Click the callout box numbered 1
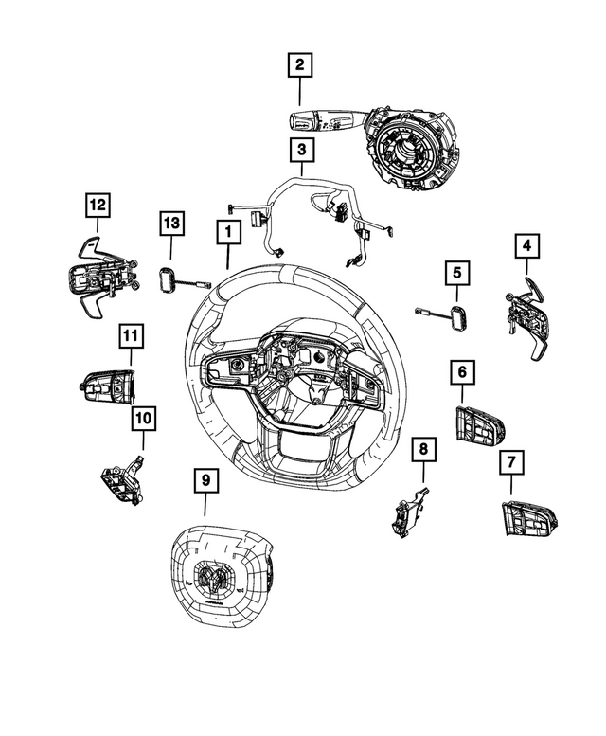pyautogui.click(x=227, y=231)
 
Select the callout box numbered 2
pyautogui.click(x=299, y=65)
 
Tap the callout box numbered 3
pyautogui.click(x=299, y=149)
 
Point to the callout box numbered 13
pyautogui.click(x=170, y=224)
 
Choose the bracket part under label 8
pyautogui.click(x=407, y=512)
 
